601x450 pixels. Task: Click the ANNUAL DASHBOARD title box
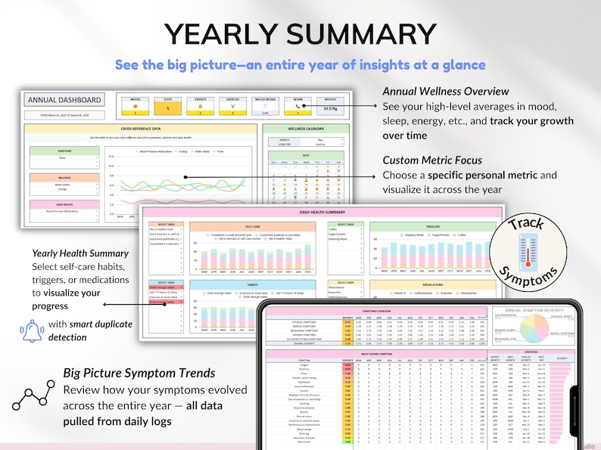[x=64, y=100]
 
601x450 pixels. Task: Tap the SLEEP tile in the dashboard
[x=169, y=104]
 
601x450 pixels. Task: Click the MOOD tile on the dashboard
[x=135, y=104]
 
